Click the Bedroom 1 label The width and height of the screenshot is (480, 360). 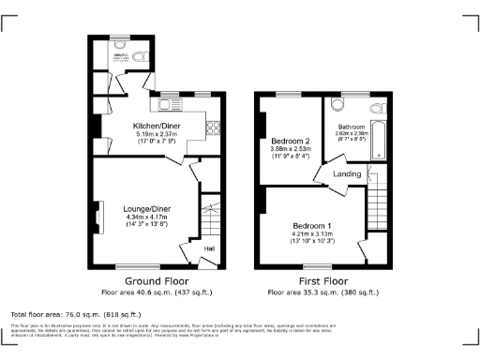[x=310, y=226]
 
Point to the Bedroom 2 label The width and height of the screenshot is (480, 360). [x=290, y=139]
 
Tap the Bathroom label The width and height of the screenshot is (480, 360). [x=351, y=126]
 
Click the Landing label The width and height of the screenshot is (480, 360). [x=347, y=174]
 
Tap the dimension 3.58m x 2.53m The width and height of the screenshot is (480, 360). [x=290, y=147]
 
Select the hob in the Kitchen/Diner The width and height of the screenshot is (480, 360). [x=213, y=128]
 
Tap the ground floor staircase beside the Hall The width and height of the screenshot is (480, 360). [x=211, y=220]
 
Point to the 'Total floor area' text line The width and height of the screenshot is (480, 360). [x=75, y=314]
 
